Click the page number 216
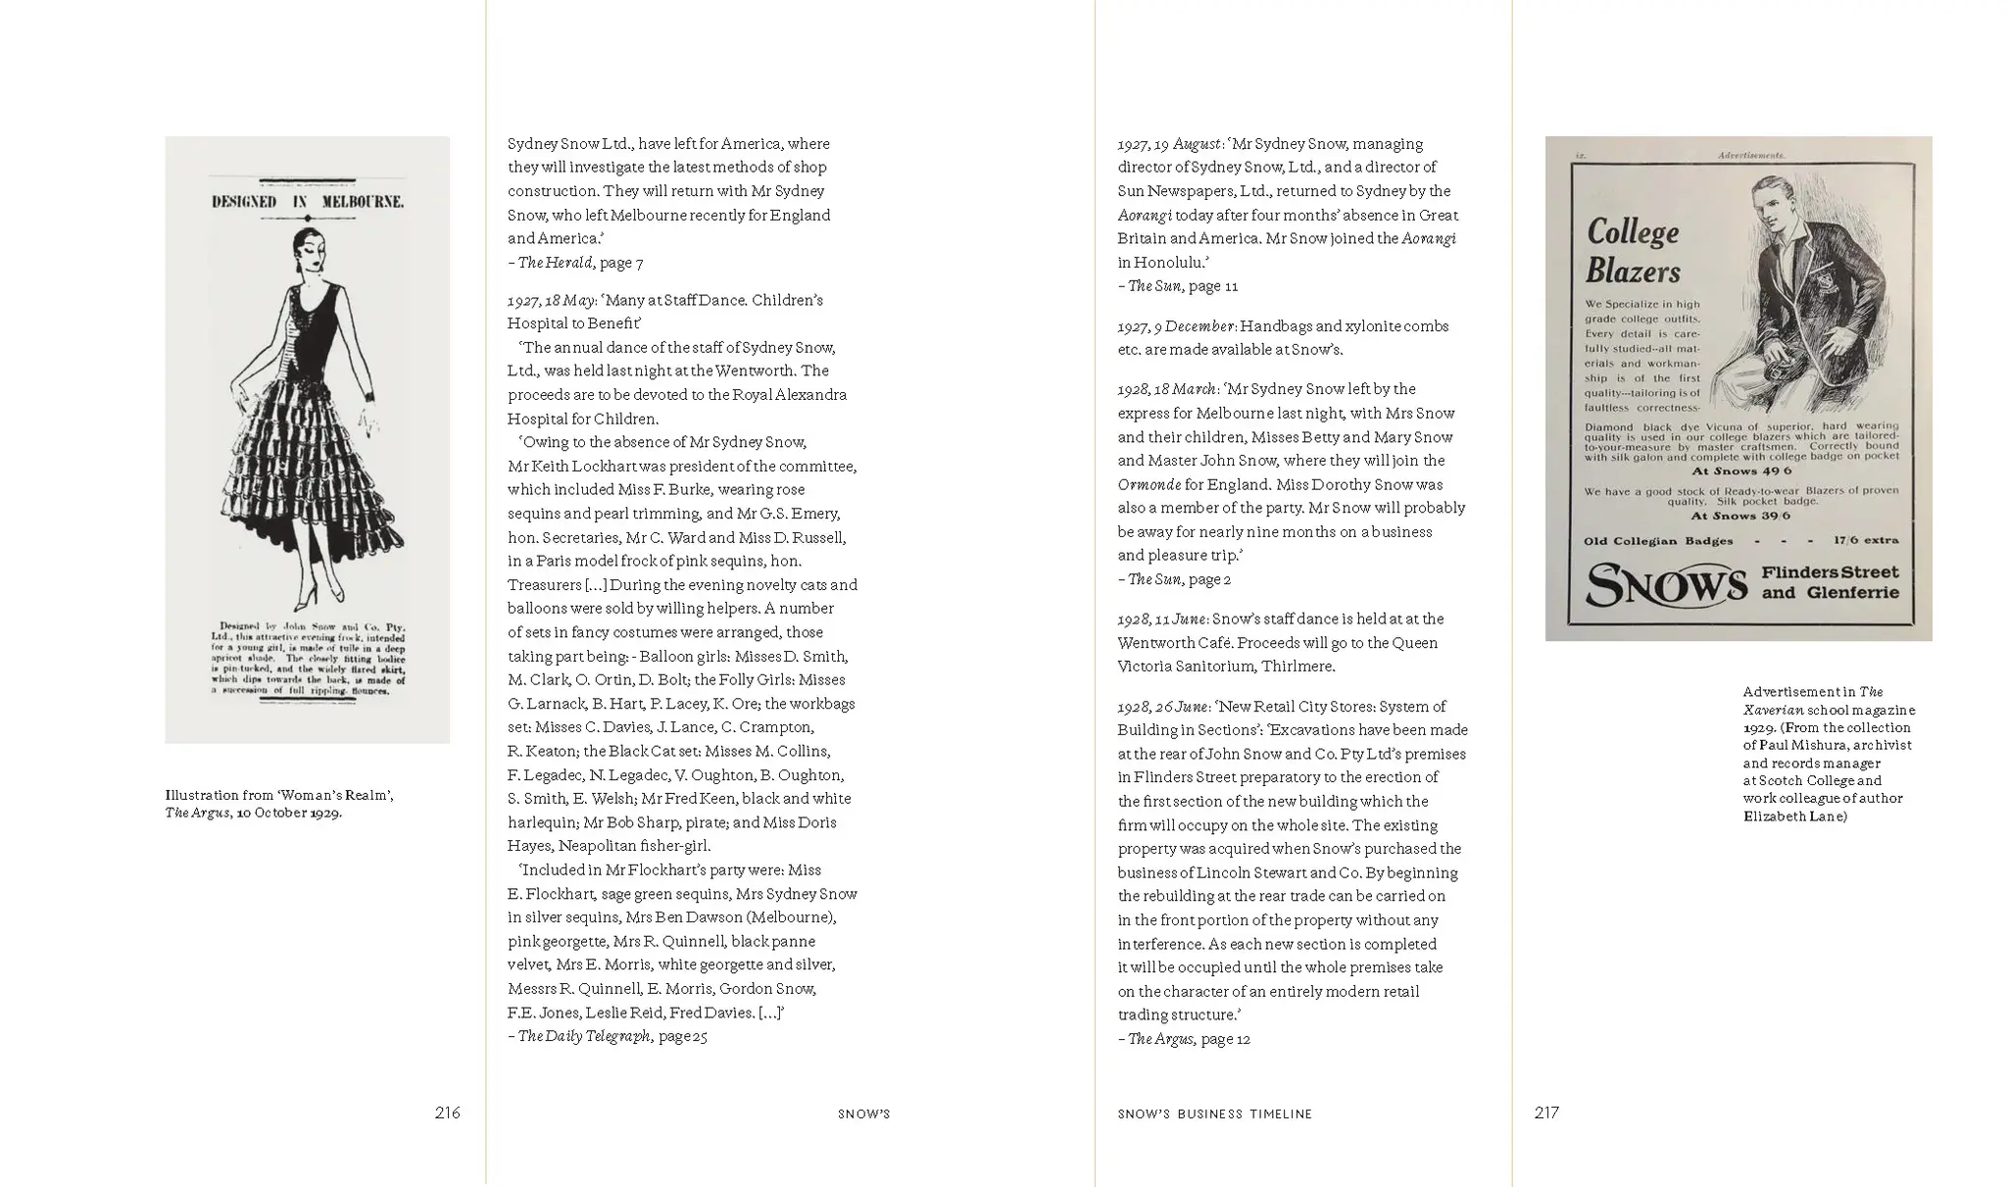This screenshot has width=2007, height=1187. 447,1113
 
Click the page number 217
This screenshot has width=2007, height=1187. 1546,1113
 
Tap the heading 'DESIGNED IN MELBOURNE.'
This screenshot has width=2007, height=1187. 308,202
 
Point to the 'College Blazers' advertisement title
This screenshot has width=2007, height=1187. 1633,251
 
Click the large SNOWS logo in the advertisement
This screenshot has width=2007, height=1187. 1666,585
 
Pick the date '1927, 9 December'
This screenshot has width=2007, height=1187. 1176,326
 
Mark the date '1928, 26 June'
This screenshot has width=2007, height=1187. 1162,707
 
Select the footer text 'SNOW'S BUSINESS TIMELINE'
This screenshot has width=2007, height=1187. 1214,1114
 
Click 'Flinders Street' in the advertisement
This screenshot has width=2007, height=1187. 1830,572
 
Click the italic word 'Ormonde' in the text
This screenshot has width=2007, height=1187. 1149,485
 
